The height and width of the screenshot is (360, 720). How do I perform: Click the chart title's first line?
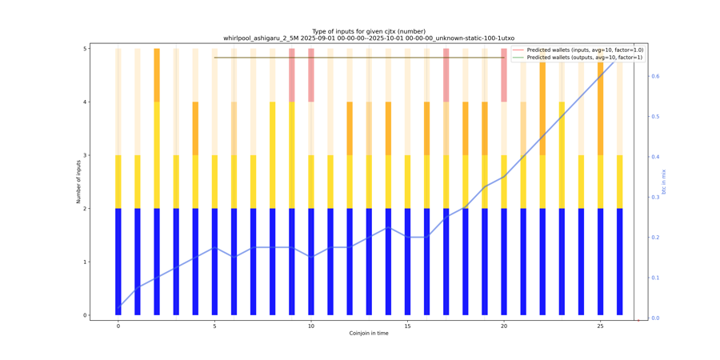pyautogui.click(x=368, y=30)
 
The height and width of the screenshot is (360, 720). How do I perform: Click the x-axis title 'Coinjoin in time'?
pyautogui.click(x=368, y=333)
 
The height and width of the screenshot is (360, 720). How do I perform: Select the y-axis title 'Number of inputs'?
pyautogui.click(x=79, y=182)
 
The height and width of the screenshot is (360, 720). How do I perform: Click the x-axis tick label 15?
pyautogui.click(x=407, y=325)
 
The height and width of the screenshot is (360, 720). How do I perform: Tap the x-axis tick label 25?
pyautogui.click(x=601, y=325)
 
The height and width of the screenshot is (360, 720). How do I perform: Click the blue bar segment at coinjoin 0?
pyautogui.click(x=118, y=262)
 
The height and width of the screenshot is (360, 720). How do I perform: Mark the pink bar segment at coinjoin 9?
pyautogui.click(x=292, y=75)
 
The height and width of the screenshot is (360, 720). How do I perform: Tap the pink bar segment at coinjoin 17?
pyautogui.click(x=446, y=75)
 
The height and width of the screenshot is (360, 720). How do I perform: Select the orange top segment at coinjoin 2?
pyautogui.click(x=157, y=75)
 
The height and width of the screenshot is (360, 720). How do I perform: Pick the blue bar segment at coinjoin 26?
pyautogui.click(x=620, y=262)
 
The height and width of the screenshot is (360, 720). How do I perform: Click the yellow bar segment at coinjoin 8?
pyautogui.click(x=273, y=155)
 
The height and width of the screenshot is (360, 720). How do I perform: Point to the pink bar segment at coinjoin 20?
pyautogui.click(x=504, y=75)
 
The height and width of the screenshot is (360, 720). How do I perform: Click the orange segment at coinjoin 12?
pyautogui.click(x=350, y=128)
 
